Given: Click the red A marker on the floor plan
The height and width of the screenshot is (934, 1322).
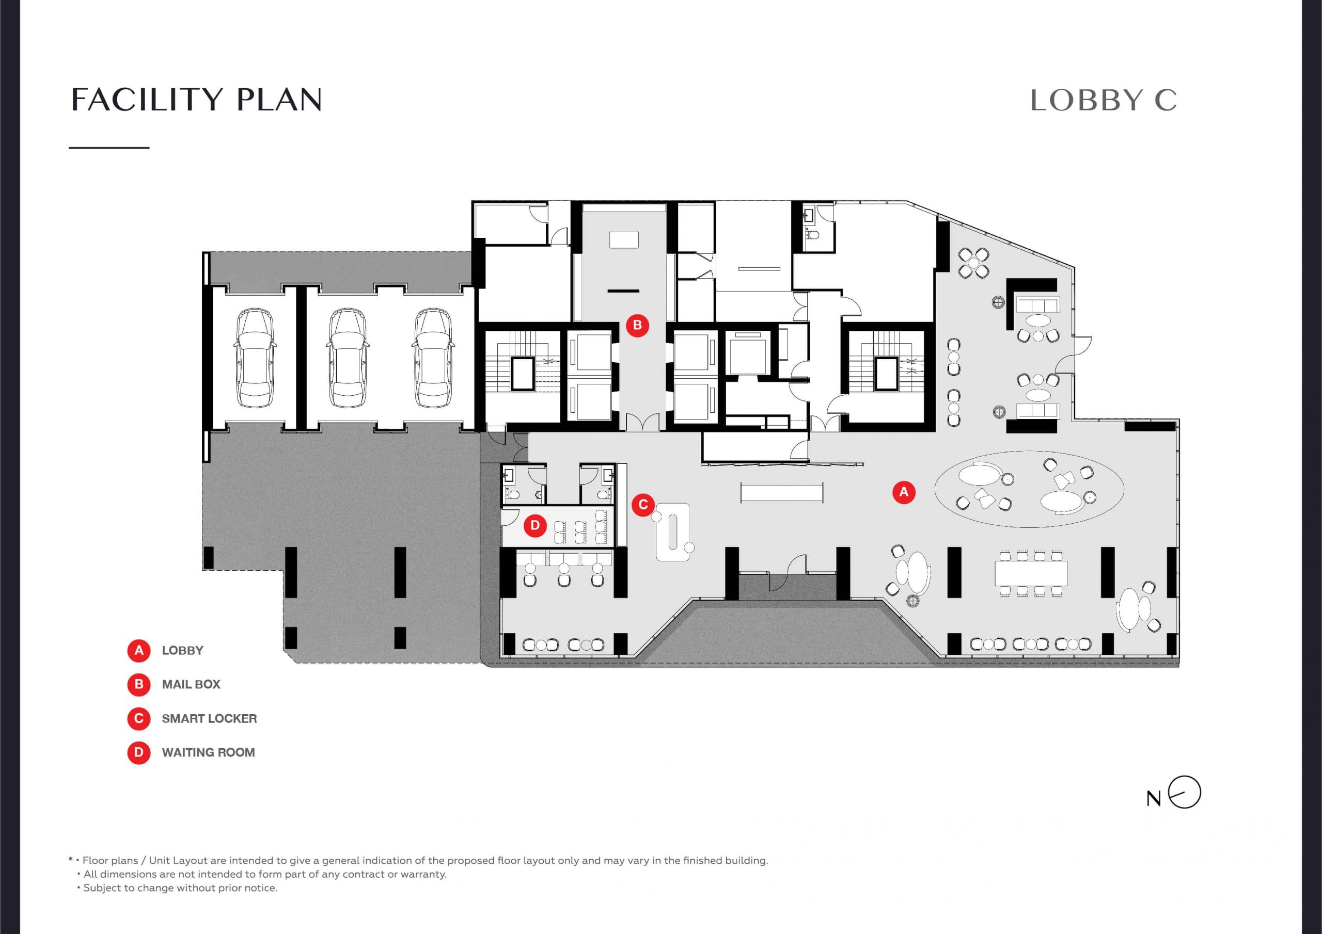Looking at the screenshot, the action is [903, 492].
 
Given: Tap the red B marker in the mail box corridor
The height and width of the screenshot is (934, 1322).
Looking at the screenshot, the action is [637, 325].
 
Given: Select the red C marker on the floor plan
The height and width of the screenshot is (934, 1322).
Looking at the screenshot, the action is [643, 505].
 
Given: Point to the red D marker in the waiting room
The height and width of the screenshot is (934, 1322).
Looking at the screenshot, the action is [535, 525].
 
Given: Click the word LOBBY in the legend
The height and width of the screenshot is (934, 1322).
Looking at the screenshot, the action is [182, 650].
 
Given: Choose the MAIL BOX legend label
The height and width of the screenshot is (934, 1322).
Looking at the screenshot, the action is [191, 684].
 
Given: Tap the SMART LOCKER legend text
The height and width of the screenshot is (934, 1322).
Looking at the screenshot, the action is [210, 718].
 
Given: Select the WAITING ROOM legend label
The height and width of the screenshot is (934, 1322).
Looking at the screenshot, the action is [209, 752].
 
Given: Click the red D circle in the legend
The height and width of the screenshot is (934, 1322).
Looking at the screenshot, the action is [139, 752].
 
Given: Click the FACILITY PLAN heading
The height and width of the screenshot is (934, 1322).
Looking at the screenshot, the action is [196, 100].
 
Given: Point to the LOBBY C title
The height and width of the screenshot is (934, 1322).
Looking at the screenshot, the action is [1103, 101].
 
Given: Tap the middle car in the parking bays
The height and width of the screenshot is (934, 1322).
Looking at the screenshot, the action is [347, 358].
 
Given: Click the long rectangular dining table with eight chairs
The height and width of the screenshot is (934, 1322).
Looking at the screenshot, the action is [1031, 573].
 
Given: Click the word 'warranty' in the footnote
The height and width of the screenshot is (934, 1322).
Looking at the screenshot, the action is [426, 874].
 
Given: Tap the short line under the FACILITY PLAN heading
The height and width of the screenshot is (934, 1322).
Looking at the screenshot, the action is [109, 148].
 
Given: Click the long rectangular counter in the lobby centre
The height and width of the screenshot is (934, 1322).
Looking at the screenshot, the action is [782, 493].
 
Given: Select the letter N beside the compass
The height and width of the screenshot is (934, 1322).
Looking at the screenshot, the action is [1154, 799].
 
